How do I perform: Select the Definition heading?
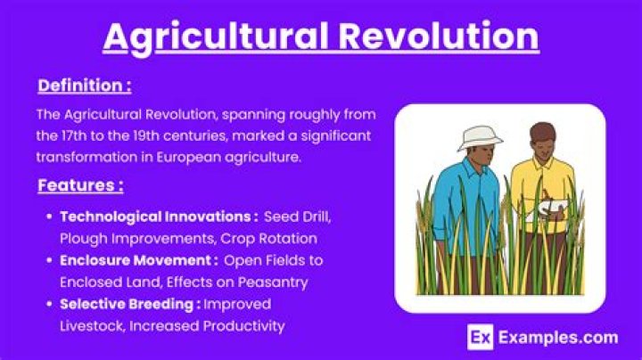coord(85,86)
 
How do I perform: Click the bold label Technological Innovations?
coord(159,217)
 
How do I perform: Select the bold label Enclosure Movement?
coord(138,260)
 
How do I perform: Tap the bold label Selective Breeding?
coord(130,304)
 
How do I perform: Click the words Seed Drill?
coord(302,217)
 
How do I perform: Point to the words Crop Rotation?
coord(278,238)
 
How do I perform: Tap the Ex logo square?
coord(481,337)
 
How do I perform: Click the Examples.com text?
coord(556,337)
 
